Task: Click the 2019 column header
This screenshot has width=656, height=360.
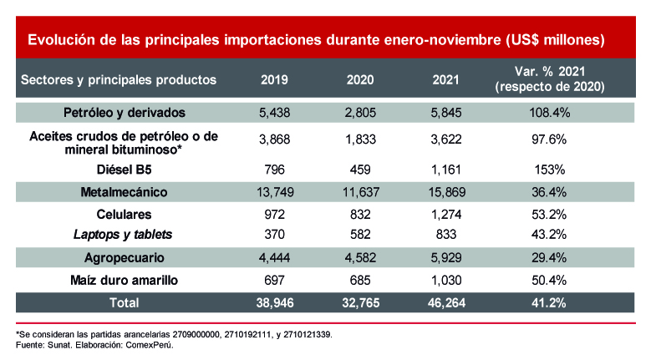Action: (274, 80)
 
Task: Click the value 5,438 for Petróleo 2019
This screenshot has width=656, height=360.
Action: (274, 111)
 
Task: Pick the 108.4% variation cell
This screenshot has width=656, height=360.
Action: (549, 111)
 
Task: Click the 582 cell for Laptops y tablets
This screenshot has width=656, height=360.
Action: (360, 235)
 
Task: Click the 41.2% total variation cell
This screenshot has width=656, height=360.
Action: (549, 302)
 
